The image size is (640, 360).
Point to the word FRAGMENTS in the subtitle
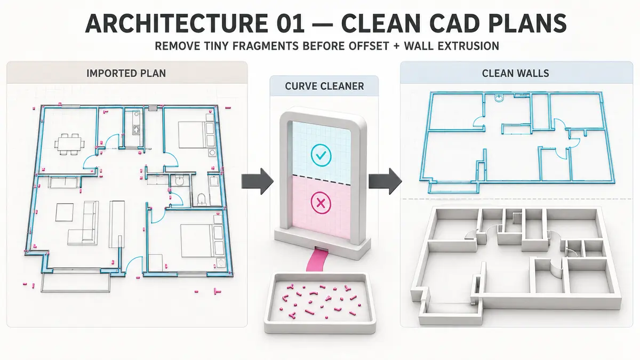pyautogui.click(x=266, y=46)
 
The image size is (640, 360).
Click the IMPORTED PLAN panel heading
pyautogui.click(x=126, y=74)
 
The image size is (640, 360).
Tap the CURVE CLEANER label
pyautogui.click(x=324, y=86)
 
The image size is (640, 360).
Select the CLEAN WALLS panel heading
pyautogui.click(x=515, y=74)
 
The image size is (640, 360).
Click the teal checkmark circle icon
pyautogui.click(x=321, y=155)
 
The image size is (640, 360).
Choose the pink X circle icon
pyautogui.click(x=321, y=203)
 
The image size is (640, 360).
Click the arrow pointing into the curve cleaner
pyautogui.click(x=258, y=181)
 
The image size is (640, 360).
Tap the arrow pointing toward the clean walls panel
pyautogui.click(x=385, y=181)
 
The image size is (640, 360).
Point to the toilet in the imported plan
pyautogui.click(x=202, y=199)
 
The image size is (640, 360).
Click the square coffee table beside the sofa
pyautogui.click(x=65, y=212)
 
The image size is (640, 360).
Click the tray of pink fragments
pyautogui.click(x=319, y=303)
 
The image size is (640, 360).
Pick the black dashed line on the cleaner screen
pyautogui.click(x=322, y=178)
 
